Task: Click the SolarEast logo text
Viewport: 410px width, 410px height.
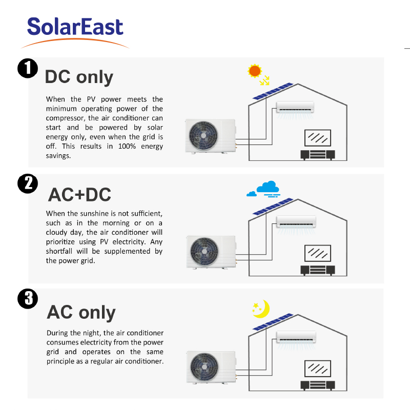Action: (x=75, y=27)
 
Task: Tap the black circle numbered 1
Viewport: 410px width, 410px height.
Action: (x=28, y=68)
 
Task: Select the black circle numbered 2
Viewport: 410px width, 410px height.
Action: (x=28, y=183)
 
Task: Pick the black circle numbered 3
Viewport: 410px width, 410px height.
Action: (x=28, y=299)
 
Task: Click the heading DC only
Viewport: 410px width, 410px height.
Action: (x=79, y=77)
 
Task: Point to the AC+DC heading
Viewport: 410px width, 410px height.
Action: (x=80, y=195)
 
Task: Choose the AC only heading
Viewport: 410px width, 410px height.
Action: (x=81, y=312)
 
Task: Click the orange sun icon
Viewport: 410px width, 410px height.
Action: (x=255, y=71)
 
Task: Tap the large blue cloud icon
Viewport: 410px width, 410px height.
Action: (x=268, y=187)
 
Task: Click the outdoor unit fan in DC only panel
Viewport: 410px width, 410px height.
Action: (x=203, y=135)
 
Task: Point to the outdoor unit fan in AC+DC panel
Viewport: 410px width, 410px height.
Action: (x=204, y=252)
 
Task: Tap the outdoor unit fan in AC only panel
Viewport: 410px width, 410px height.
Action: (x=204, y=367)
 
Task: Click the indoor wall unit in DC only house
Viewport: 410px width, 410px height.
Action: (x=295, y=107)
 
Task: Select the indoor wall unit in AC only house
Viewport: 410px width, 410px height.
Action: (x=296, y=337)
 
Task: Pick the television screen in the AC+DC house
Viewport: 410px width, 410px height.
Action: (x=318, y=253)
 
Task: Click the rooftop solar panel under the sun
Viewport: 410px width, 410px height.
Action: (x=273, y=91)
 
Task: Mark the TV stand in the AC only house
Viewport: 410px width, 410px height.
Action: (x=318, y=385)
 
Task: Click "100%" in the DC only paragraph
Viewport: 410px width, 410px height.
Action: (x=127, y=146)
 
